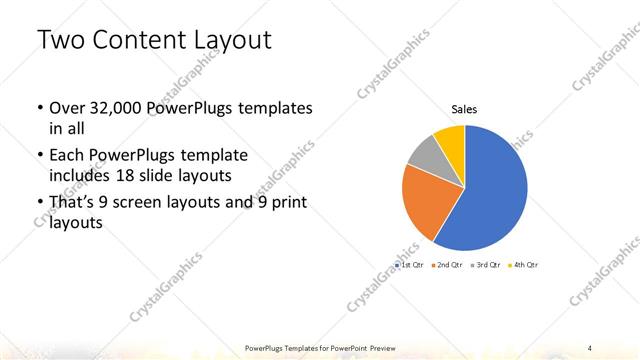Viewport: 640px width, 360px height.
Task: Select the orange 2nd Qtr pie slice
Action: (x=424, y=199)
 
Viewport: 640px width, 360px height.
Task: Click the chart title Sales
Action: (x=464, y=109)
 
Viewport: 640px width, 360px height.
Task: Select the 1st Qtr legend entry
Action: (x=411, y=265)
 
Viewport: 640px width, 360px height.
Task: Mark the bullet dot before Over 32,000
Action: (x=38, y=108)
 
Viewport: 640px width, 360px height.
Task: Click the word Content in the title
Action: (x=135, y=41)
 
